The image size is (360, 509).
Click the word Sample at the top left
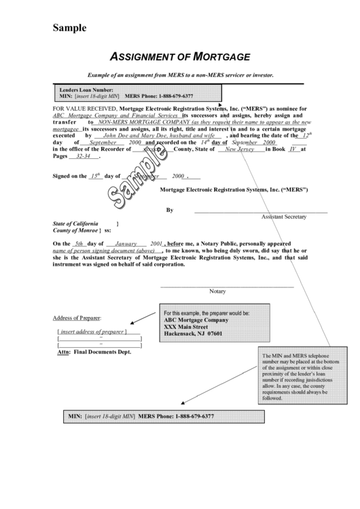(70, 28)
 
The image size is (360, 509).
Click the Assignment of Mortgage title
(180, 56)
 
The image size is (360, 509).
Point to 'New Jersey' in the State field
(239, 149)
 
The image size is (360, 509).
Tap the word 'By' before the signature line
(170, 210)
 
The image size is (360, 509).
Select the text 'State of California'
(75, 224)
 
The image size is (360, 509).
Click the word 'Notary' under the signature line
(217, 291)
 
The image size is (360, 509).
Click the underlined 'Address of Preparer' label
(77, 318)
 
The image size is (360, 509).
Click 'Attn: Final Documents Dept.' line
(94, 352)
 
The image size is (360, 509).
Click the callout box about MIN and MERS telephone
(302, 377)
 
